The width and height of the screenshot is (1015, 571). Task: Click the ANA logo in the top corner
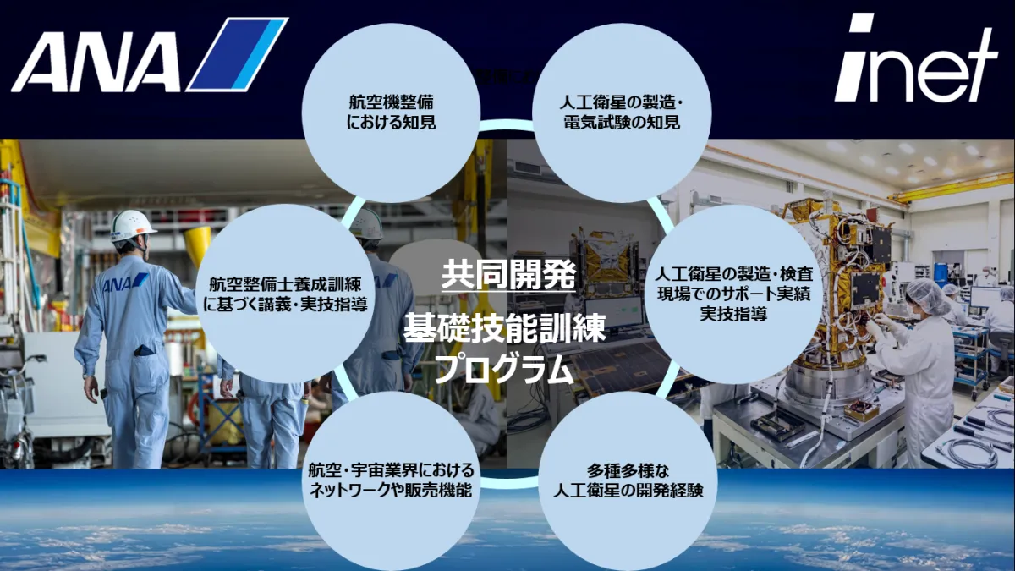click(x=150, y=54)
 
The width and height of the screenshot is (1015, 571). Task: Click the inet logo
click(x=915, y=58)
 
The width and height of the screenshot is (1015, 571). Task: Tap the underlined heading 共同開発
click(x=508, y=275)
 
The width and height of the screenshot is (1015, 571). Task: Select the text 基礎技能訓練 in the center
click(x=504, y=328)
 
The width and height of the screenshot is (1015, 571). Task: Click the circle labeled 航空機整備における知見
click(x=391, y=113)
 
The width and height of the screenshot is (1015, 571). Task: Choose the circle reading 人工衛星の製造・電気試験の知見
click(x=621, y=113)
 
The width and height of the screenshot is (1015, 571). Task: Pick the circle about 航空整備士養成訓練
click(x=286, y=294)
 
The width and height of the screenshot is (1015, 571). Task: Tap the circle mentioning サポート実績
click(x=733, y=294)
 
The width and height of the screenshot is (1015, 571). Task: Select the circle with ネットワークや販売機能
click(x=391, y=481)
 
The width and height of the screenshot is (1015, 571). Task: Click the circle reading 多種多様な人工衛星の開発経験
click(x=628, y=481)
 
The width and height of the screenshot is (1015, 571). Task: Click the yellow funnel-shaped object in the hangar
click(x=198, y=244)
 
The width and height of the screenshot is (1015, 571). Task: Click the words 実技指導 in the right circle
click(x=733, y=314)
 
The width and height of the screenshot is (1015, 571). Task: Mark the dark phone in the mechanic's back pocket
click(x=144, y=351)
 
